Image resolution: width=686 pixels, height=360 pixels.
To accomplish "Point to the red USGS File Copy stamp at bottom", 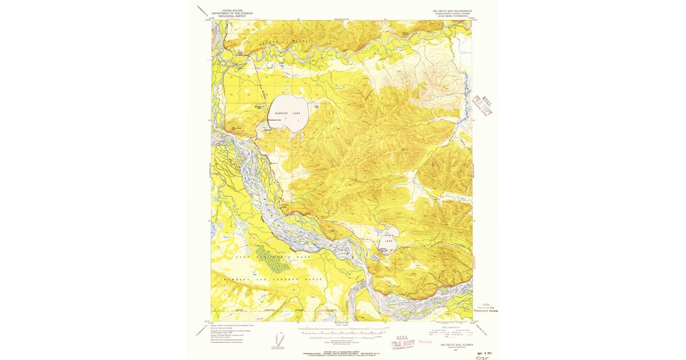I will pos(404,341).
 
